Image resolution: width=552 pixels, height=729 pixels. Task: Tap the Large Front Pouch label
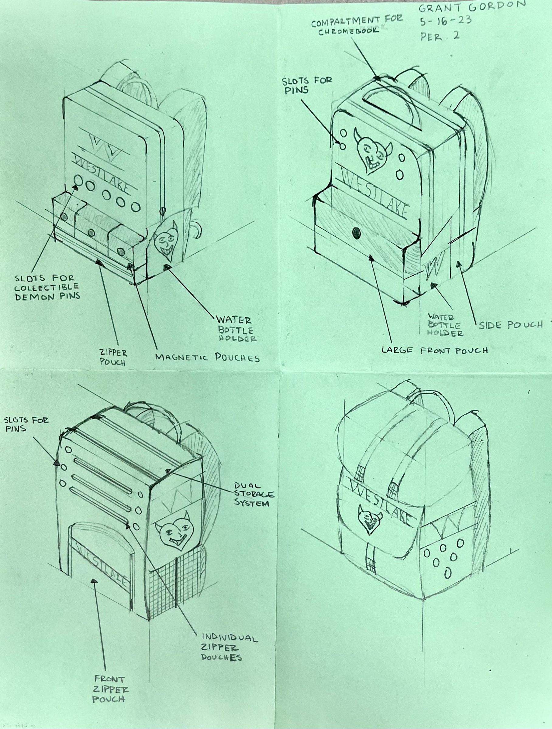(435, 350)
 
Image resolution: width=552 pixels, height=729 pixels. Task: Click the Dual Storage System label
(254, 494)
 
